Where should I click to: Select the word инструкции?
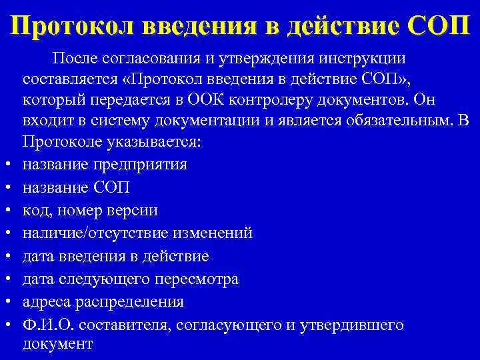tap(367, 58)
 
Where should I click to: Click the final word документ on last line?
tap(57, 344)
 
